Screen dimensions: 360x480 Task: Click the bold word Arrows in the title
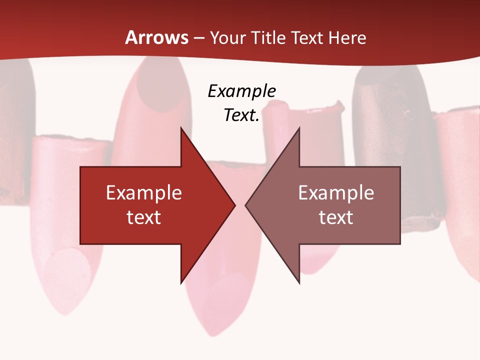pos(157,37)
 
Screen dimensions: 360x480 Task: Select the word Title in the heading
pos(268,37)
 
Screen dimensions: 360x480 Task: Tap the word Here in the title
pos(347,37)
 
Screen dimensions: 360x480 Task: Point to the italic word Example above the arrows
pos(242,91)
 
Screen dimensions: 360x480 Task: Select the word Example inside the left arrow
pos(144,193)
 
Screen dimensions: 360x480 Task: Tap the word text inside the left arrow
pos(144,217)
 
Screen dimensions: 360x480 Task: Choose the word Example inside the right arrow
pos(336,193)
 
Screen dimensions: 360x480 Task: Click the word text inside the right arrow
pos(336,217)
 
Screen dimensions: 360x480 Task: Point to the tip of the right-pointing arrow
pos(235,205)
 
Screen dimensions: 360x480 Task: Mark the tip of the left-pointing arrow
pos(245,205)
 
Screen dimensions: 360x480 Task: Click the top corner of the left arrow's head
pos(181,127)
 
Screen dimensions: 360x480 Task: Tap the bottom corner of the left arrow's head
pos(181,283)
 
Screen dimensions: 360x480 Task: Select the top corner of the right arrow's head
pos(299,127)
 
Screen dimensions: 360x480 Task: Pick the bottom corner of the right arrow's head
pos(299,283)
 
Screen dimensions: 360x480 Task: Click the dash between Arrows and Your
pos(199,38)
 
